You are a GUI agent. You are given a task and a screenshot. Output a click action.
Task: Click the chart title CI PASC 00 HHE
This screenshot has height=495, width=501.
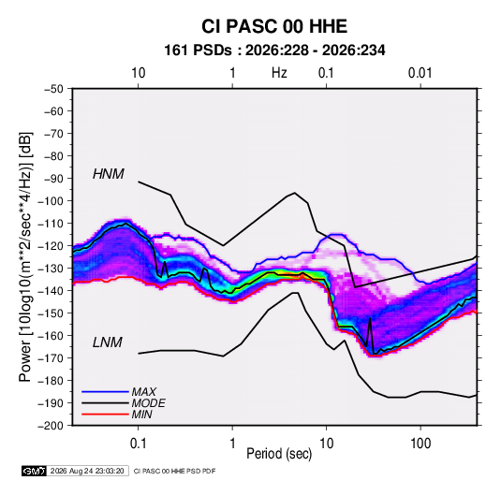(274, 26)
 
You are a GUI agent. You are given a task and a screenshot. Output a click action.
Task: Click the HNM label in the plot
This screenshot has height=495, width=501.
(109, 174)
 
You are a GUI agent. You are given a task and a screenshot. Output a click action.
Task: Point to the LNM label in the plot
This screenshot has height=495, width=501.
(108, 342)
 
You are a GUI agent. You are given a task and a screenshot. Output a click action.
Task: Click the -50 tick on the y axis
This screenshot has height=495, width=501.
(54, 89)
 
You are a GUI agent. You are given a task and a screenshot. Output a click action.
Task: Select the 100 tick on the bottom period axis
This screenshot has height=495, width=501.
(420, 444)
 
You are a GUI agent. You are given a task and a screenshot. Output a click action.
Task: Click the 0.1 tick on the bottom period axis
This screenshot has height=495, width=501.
(138, 444)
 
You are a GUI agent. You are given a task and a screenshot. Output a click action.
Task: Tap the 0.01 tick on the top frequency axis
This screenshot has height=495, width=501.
(420, 73)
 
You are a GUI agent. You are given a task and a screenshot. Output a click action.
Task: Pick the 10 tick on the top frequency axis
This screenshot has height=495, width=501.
(139, 73)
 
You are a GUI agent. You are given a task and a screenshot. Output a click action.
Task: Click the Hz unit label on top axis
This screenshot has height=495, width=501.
(279, 73)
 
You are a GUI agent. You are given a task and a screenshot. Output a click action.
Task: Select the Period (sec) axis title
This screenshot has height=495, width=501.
(279, 454)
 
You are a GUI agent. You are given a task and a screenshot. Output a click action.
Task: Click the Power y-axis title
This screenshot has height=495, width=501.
(25, 256)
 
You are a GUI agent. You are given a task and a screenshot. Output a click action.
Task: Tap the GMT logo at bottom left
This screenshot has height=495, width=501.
(35, 471)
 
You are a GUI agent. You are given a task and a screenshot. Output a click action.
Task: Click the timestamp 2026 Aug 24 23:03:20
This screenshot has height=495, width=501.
(87, 471)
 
